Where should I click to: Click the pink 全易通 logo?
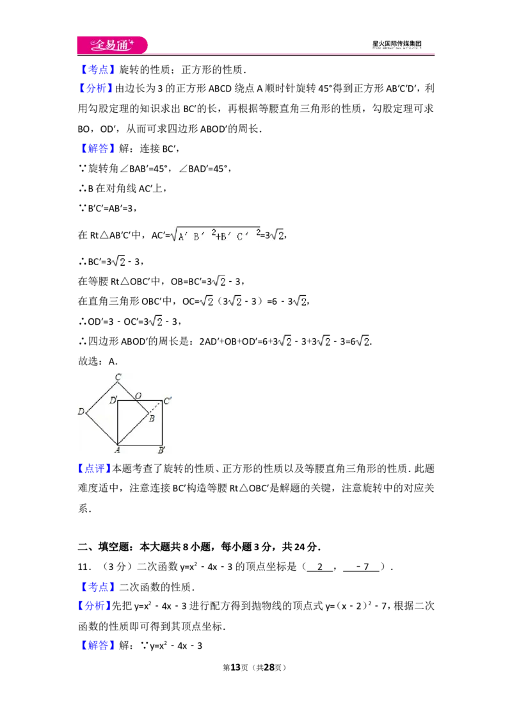(112, 45)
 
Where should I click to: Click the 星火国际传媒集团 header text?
(397, 44)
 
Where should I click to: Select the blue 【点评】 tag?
(95, 468)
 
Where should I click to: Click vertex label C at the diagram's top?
(118, 377)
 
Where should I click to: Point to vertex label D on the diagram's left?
(81, 411)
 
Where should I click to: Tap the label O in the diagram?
(138, 396)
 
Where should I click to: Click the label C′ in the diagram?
(167, 400)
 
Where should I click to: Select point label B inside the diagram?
(152, 418)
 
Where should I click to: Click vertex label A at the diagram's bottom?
(117, 450)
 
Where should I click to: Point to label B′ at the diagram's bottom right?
(162, 450)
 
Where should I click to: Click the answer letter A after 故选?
(112, 362)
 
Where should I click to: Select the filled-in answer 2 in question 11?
(320, 567)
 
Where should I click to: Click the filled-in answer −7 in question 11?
(363, 567)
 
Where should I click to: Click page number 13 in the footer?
(236, 667)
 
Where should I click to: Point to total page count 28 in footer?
(269, 667)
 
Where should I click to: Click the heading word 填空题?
(113, 547)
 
